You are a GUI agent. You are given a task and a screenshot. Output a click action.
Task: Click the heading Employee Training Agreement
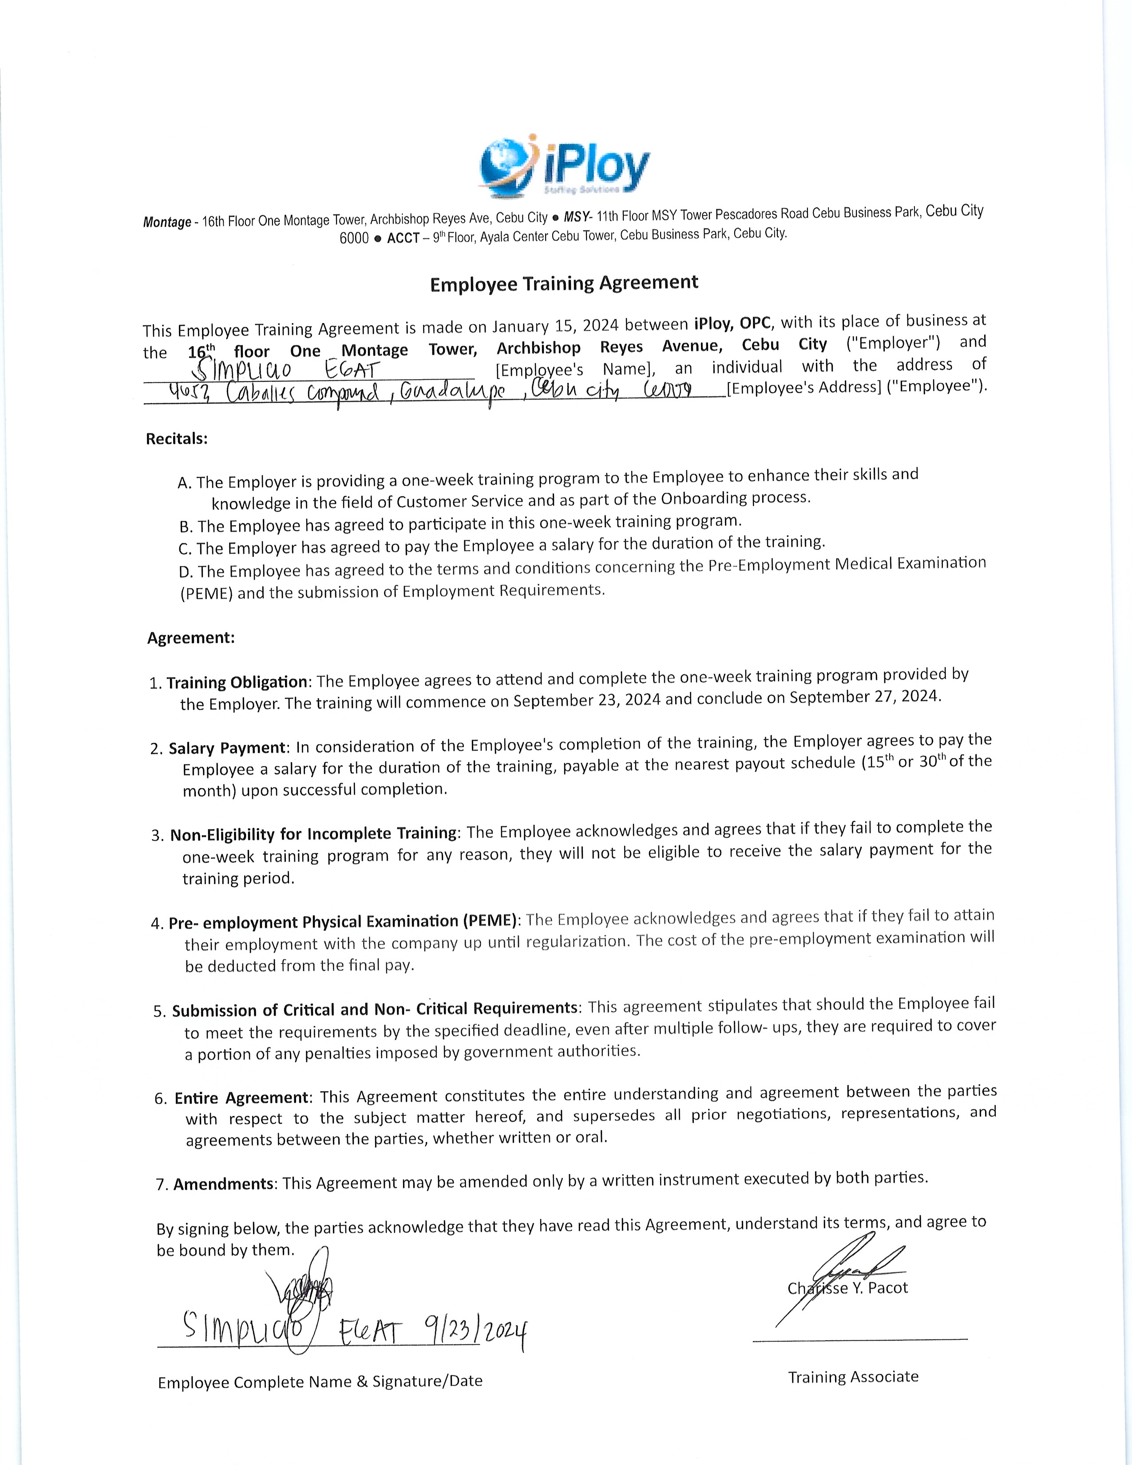coord(564,283)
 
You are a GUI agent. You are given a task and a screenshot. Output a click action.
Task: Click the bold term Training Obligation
coord(237,682)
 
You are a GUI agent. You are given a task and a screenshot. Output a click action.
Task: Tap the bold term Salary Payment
coord(227,747)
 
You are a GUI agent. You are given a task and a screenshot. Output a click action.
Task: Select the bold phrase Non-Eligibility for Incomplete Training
coord(313,834)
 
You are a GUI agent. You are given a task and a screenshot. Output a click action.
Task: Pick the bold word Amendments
coord(223,1184)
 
